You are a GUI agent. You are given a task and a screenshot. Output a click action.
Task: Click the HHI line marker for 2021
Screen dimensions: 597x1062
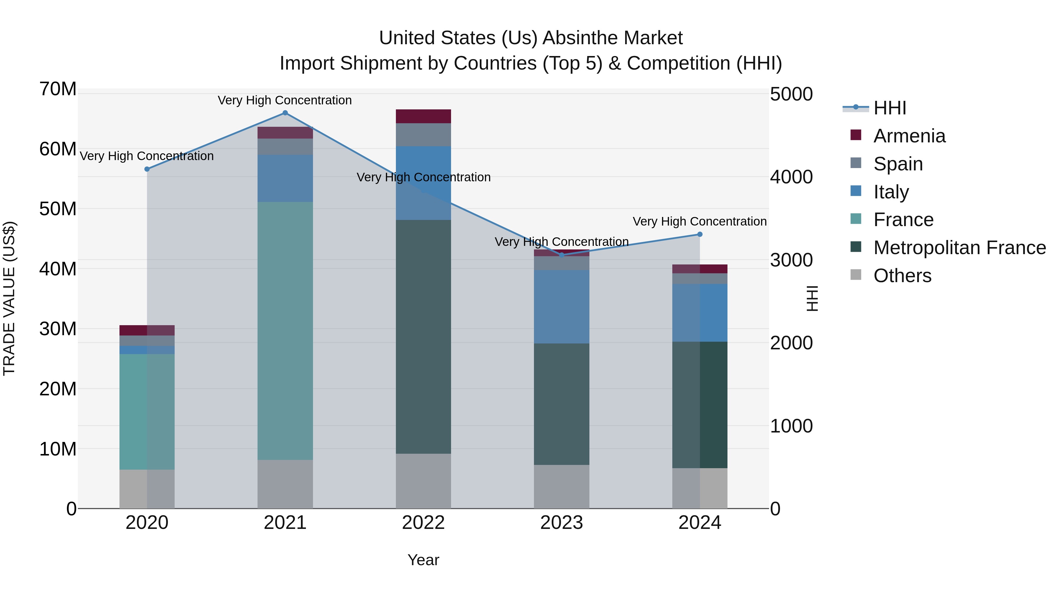[285, 113]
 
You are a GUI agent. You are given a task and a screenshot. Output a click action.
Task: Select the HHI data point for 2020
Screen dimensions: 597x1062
[147, 169]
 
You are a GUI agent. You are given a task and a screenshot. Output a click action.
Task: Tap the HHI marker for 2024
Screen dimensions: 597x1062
[700, 234]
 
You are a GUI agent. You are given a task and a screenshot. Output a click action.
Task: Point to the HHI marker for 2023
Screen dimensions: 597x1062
[561, 255]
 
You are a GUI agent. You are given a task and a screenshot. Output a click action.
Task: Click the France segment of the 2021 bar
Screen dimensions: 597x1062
[285, 330]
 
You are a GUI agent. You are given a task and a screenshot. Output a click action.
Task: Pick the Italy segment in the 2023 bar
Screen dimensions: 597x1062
[561, 307]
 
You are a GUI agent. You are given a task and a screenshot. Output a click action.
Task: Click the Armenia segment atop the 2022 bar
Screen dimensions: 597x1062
[423, 116]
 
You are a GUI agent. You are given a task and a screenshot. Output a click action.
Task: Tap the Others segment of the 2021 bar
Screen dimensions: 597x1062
[285, 484]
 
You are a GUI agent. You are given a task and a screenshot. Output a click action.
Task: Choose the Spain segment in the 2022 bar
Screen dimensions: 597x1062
[423, 135]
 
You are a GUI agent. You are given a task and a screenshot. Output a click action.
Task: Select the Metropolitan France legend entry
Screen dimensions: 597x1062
[959, 248]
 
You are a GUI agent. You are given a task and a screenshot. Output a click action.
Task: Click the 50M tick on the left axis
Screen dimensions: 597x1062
[58, 209]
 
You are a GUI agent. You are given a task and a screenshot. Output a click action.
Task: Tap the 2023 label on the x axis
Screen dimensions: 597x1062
[561, 523]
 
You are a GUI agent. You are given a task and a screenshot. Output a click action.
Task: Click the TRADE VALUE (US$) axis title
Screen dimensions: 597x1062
[9, 298]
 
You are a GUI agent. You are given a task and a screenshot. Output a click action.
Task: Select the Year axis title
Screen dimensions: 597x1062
[423, 560]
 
